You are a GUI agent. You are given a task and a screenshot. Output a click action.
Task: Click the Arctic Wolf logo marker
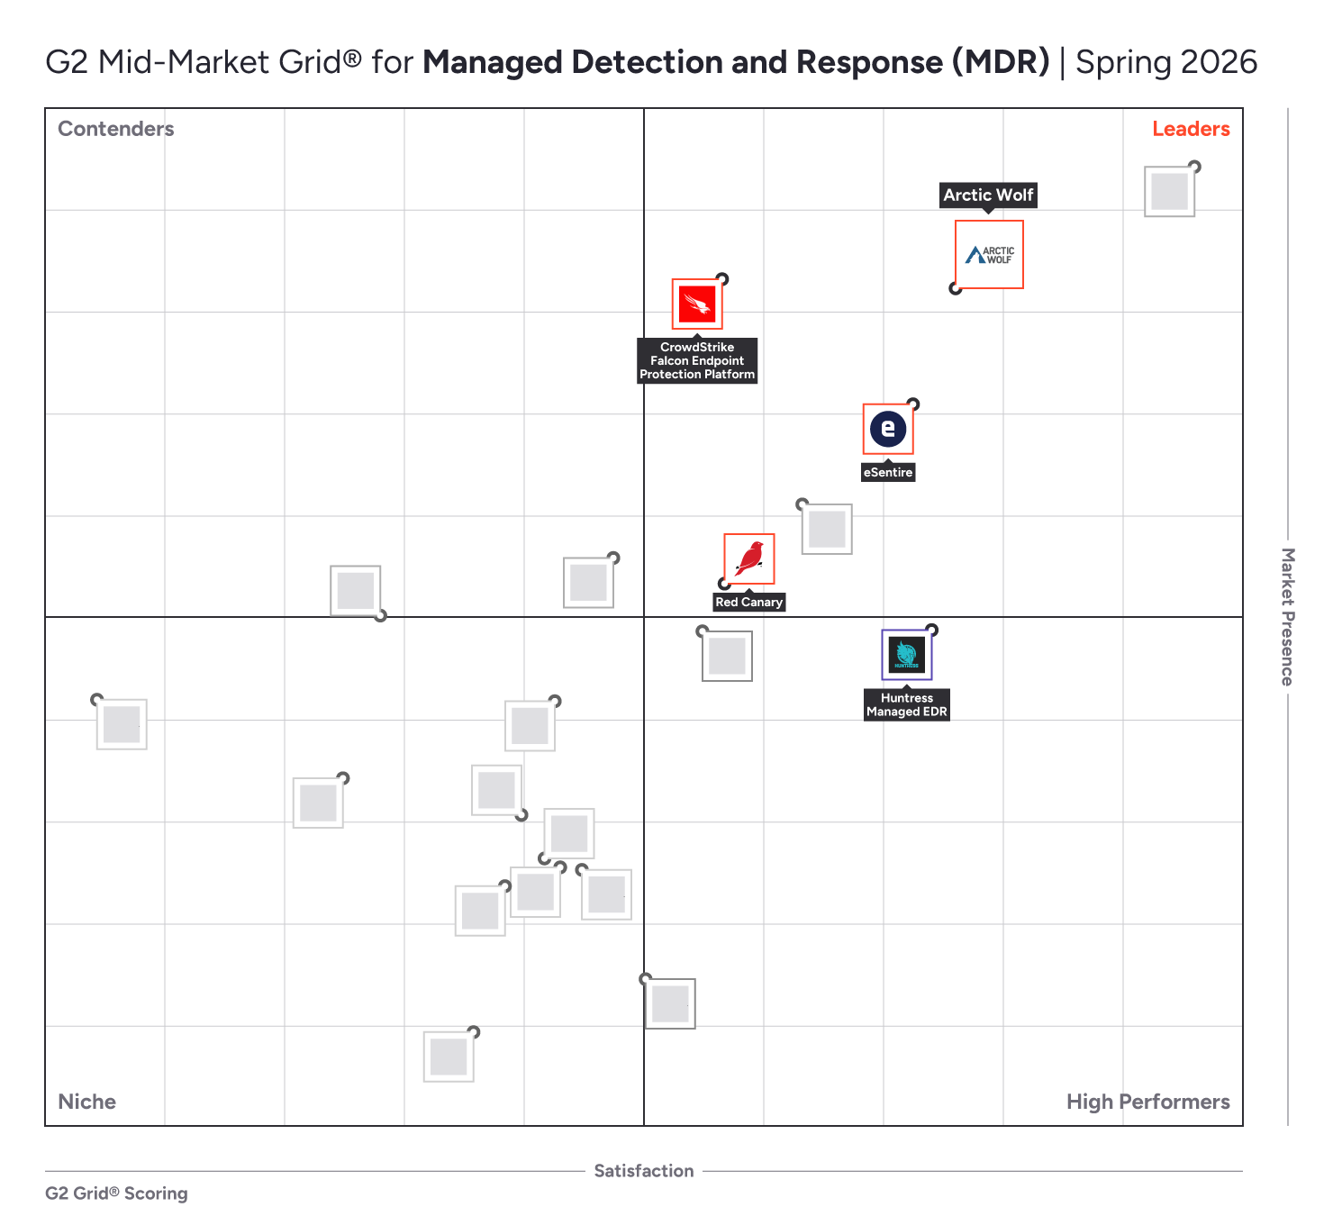989,255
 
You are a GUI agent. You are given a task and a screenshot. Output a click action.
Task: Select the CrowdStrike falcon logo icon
697,304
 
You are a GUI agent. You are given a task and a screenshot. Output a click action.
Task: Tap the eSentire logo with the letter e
888,429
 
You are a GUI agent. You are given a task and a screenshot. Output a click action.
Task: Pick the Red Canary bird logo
749,558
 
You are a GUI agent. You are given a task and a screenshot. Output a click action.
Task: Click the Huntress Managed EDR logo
906,655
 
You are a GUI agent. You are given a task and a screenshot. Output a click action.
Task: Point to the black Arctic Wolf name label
988,195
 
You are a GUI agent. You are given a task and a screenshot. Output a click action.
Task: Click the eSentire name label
888,472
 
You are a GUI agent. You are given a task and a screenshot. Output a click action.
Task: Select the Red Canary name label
749,602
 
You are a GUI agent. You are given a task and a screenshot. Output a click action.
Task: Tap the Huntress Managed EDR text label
906,704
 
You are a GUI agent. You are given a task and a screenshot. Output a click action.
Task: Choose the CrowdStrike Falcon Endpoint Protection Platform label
697,360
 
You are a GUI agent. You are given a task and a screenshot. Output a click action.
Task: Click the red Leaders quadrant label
1191,129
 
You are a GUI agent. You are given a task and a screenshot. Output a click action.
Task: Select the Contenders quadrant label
116,129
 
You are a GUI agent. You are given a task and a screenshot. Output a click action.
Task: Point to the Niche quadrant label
87,1102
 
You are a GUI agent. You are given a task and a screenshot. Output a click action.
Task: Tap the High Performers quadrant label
1147,1102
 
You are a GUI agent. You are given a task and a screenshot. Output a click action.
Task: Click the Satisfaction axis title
644,1171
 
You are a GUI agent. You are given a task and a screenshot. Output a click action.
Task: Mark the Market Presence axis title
1288,617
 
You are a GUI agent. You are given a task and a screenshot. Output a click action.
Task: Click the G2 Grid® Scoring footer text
117,1193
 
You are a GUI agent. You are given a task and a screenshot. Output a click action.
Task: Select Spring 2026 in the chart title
1166,62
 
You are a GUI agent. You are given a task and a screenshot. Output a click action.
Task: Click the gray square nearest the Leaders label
1169,192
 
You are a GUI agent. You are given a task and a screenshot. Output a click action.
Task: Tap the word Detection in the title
648,62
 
